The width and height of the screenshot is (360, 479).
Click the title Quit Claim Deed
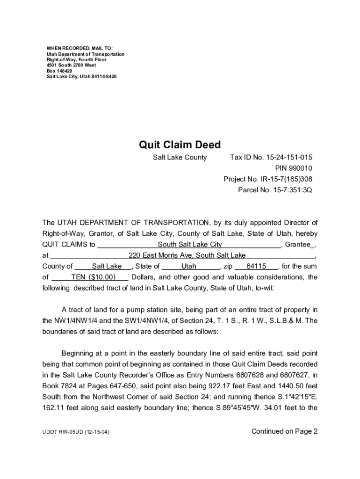click(x=180, y=145)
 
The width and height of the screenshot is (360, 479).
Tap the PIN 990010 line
click(x=293, y=168)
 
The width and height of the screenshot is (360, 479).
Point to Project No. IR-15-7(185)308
click(x=268, y=179)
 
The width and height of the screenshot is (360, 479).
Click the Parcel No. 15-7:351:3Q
click(x=275, y=190)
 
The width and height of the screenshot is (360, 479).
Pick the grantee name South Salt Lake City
click(x=190, y=245)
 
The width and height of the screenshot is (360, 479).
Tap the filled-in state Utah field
click(x=189, y=266)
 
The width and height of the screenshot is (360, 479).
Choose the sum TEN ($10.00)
click(x=93, y=277)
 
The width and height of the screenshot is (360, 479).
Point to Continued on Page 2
click(x=284, y=431)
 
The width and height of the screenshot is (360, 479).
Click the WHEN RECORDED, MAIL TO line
click(x=79, y=49)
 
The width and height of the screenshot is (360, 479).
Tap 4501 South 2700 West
click(x=72, y=65)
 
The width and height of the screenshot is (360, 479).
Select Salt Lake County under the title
click(x=180, y=157)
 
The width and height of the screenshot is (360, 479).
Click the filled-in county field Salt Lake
click(x=107, y=266)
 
